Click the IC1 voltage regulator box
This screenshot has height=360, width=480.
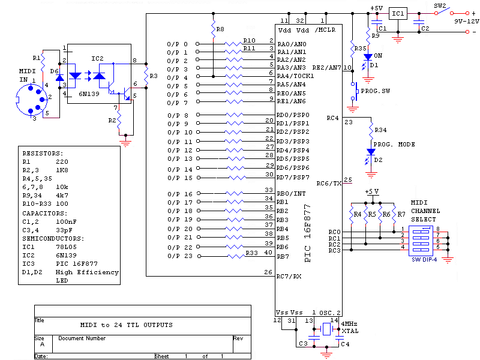(x=398, y=13)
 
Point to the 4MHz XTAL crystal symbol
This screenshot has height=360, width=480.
(x=326, y=329)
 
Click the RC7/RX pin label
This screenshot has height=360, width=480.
(x=290, y=277)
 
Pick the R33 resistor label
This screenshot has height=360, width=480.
(x=251, y=254)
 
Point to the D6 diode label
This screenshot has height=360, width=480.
(x=55, y=71)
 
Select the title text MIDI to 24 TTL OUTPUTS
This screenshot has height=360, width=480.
(x=126, y=325)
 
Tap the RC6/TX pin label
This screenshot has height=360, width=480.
(x=329, y=183)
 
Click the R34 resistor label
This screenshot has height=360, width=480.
(x=381, y=130)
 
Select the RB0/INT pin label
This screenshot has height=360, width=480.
(x=291, y=193)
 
